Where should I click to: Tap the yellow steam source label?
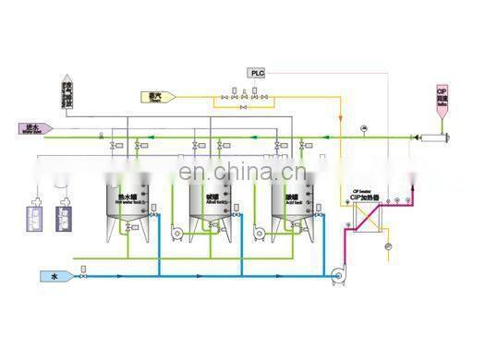coord(156,95)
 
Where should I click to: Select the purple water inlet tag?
coord(33,129)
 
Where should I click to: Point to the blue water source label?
coord(54,274)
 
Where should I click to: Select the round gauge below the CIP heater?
coord(389,246)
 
